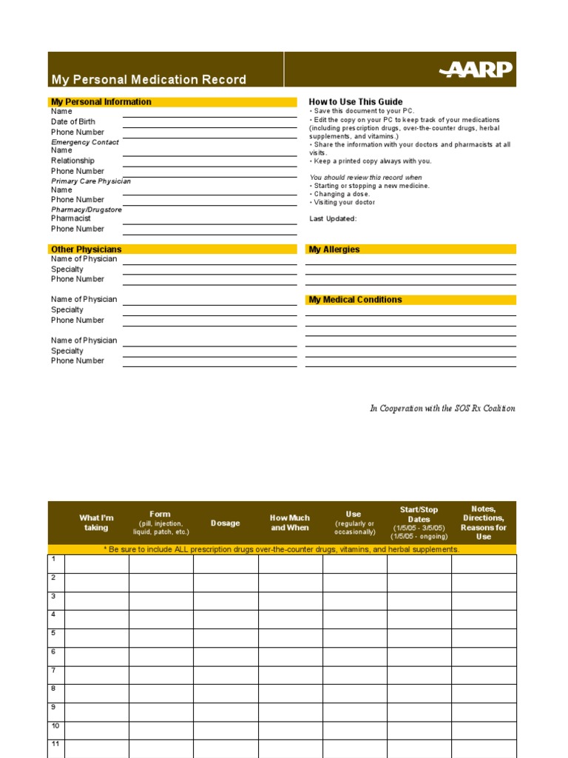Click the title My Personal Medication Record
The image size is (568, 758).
pyautogui.click(x=149, y=80)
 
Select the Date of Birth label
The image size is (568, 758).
pyautogui.click(x=73, y=121)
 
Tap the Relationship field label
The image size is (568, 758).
pyautogui.click(x=72, y=161)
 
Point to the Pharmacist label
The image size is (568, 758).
pyautogui.click(x=71, y=218)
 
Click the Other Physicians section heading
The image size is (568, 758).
pyautogui.click(x=86, y=249)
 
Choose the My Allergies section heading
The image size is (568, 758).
pyautogui.click(x=334, y=249)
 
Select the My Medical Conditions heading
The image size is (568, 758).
pyautogui.click(x=355, y=300)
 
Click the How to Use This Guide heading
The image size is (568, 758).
pyautogui.click(x=356, y=102)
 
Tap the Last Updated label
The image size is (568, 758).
pyautogui.click(x=333, y=218)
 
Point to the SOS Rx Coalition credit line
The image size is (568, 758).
pyautogui.click(x=442, y=409)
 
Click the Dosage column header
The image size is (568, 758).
pyautogui.click(x=226, y=523)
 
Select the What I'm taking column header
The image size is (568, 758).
pyautogui.click(x=96, y=523)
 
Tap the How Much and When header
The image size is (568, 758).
pyautogui.click(x=290, y=523)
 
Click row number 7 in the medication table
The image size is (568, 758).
pyautogui.click(x=53, y=670)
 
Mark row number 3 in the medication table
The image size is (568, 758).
pyautogui.click(x=53, y=596)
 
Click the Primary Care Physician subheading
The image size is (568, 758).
pyautogui.click(x=91, y=181)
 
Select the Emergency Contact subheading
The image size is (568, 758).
pyautogui.click(x=85, y=142)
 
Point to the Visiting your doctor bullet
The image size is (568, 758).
pyautogui.click(x=344, y=202)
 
